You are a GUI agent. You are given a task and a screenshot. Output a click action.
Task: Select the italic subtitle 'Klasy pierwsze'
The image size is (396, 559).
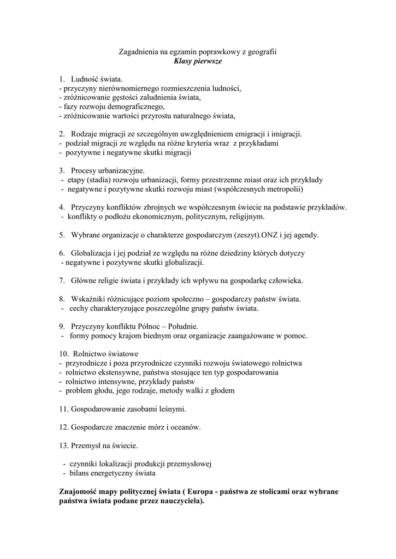point(198,61)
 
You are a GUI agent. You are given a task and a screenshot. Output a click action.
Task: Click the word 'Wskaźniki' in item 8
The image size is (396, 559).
point(87,299)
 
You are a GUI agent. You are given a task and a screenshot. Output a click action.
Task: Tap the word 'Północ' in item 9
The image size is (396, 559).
point(146,326)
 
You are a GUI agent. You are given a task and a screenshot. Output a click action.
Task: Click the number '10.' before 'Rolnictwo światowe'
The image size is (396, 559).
point(63,354)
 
